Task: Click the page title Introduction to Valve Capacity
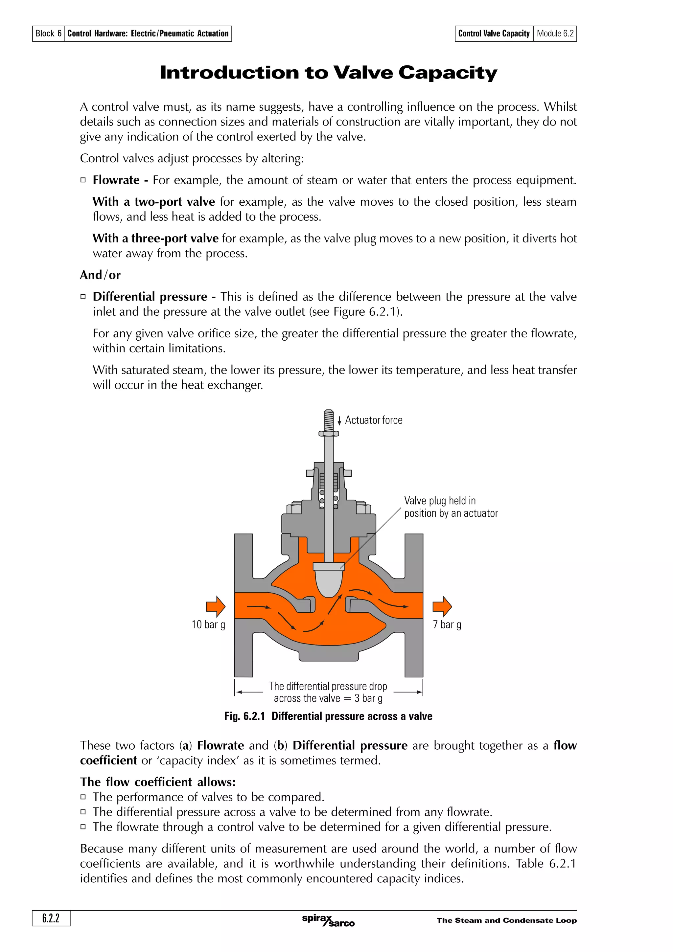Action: (x=328, y=73)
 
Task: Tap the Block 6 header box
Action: (x=48, y=34)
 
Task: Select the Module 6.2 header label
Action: (x=555, y=34)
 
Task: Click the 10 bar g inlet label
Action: (x=208, y=624)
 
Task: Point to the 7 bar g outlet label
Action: (x=447, y=624)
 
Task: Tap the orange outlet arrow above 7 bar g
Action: (x=442, y=607)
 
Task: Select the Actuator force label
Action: (x=374, y=420)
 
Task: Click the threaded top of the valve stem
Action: (x=328, y=420)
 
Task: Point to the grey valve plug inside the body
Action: (x=329, y=580)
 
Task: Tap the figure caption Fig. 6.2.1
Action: (x=328, y=716)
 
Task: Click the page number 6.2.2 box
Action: (x=51, y=918)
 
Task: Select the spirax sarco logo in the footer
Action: (x=328, y=920)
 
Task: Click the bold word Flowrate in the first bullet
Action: (x=116, y=180)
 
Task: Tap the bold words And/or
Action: (x=100, y=275)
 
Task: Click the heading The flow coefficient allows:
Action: (x=158, y=782)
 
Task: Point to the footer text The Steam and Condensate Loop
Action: (x=506, y=920)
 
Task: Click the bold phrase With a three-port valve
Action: (x=155, y=238)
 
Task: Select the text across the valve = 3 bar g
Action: (x=328, y=699)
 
